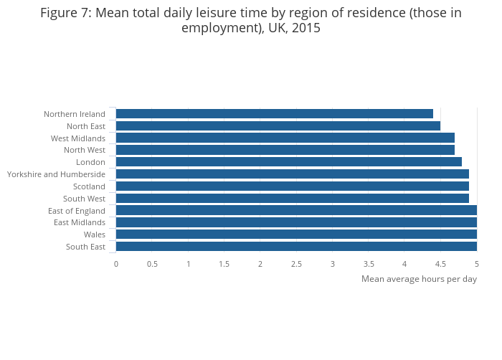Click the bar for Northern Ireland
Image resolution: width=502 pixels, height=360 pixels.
tap(274, 114)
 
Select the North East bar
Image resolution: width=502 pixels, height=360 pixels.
tap(278, 126)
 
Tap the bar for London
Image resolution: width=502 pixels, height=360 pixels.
tap(288, 162)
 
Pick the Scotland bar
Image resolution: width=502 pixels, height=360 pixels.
tap(292, 186)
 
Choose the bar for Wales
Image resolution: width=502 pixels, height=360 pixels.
tap(295, 235)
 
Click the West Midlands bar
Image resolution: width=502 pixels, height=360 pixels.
tap(285, 138)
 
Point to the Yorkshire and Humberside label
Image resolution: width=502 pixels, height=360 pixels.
tap(56, 174)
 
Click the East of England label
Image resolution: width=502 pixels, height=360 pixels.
tap(77, 211)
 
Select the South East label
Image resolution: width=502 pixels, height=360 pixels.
tap(85, 247)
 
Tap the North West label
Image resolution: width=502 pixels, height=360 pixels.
tap(85, 150)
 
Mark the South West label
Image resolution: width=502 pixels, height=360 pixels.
tap(84, 199)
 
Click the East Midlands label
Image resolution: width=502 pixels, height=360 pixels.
tap(80, 222)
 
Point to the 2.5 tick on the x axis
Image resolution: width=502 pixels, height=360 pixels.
tap(296, 264)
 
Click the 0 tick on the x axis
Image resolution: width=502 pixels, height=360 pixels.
tap(116, 264)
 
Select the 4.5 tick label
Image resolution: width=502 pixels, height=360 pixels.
tap(440, 264)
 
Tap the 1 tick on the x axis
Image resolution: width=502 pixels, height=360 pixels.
tap(189, 264)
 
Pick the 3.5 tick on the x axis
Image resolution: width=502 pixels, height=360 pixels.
tap(369, 264)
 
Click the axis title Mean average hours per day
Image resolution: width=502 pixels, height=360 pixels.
tap(419, 279)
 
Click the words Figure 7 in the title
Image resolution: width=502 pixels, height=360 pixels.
tap(65, 13)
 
